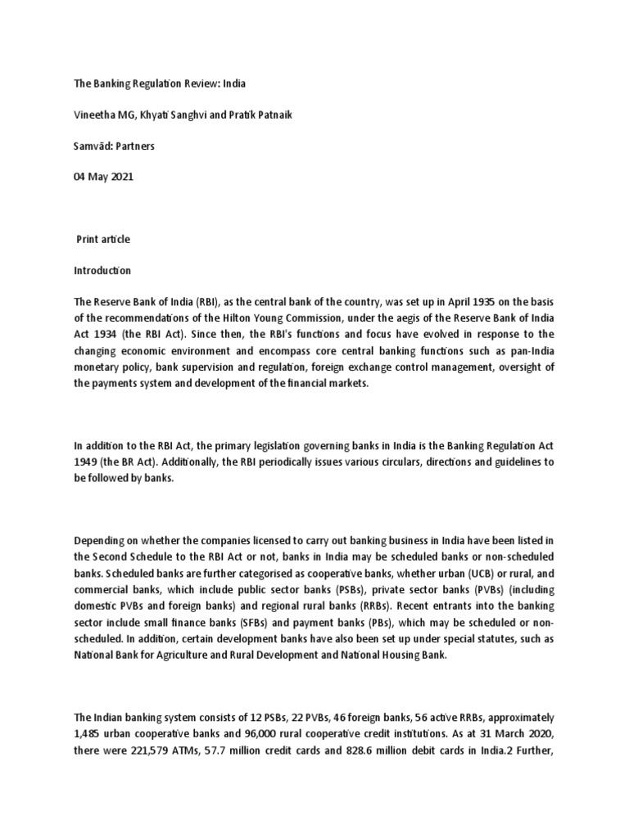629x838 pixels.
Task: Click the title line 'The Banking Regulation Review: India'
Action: [x=160, y=83]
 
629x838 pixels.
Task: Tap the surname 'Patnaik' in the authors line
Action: [x=271, y=115]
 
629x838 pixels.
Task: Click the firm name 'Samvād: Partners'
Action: [x=115, y=146]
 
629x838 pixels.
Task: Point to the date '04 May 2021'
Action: [x=104, y=176]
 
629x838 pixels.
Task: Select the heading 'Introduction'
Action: [x=102, y=270]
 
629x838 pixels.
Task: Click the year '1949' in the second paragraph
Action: [x=86, y=461]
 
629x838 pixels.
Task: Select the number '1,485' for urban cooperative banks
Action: [x=88, y=731]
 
